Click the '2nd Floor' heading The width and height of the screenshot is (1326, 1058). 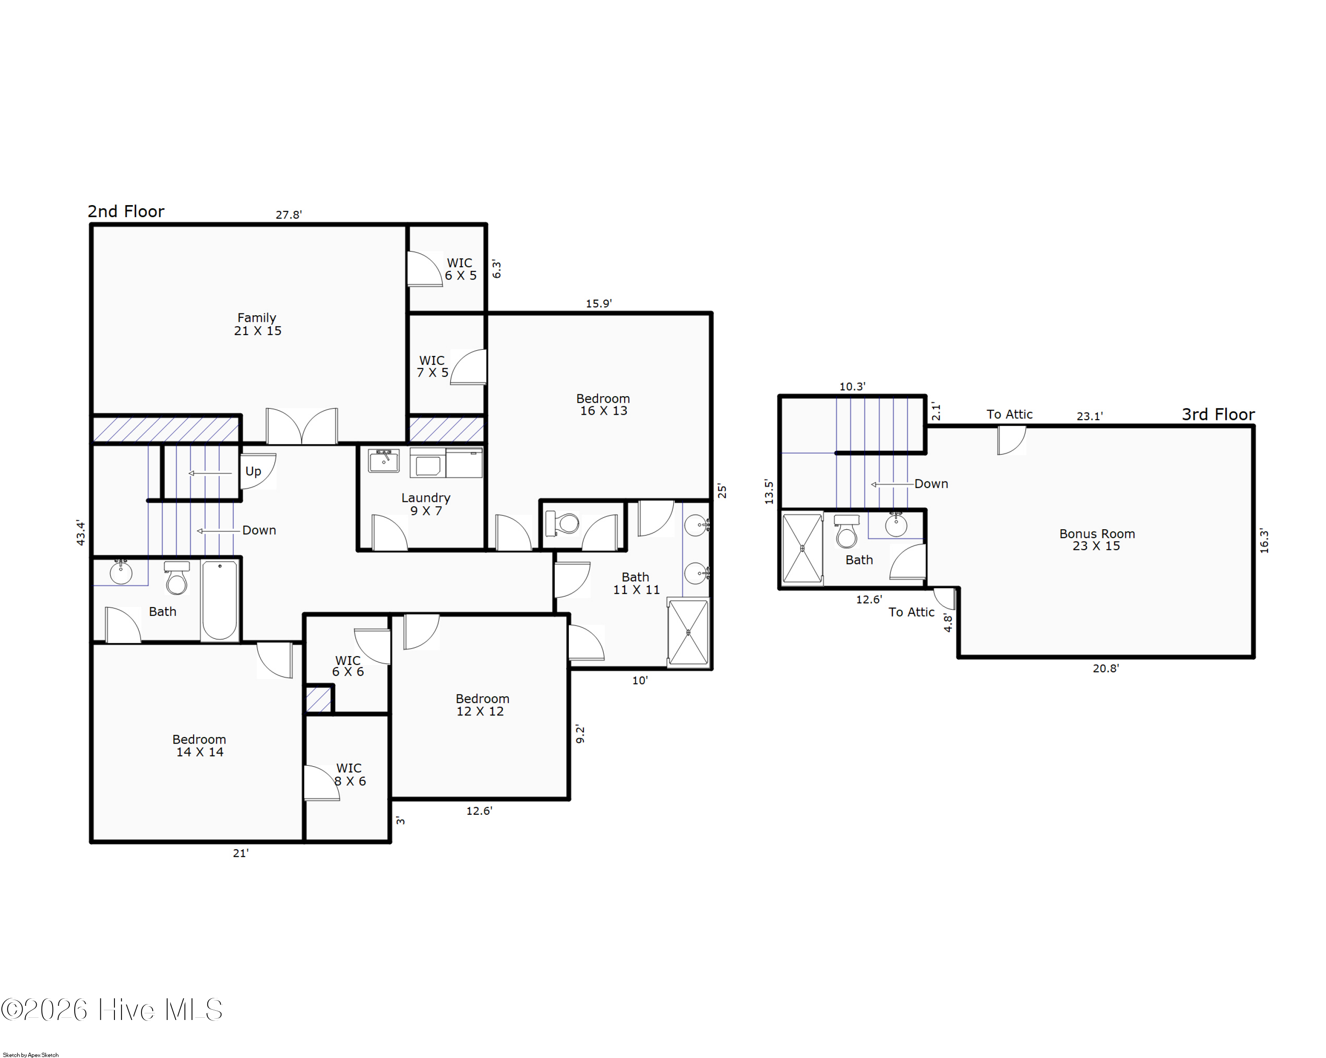point(126,212)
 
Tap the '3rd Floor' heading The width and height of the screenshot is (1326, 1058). point(1217,415)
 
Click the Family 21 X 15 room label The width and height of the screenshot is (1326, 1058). point(257,324)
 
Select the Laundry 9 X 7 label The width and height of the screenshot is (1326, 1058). point(426,504)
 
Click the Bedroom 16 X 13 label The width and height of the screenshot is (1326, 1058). point(603,405)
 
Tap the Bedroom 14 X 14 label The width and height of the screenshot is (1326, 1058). point(199,745)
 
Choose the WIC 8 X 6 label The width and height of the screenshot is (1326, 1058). point(349,775)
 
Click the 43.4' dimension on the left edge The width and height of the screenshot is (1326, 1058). point(80,533)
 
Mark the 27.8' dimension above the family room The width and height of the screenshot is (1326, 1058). point(289,215)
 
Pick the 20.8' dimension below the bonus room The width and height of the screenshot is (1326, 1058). point(1105,668)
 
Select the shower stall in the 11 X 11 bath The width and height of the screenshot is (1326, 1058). point(688,632)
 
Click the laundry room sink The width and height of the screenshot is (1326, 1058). point(384,460)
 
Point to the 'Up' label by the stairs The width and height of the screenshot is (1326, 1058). point(253,471)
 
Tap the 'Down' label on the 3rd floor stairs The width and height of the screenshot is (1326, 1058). point(930,484)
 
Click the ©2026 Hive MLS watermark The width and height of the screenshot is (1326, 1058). point(112,1010)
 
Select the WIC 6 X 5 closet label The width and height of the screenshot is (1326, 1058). point(460,269)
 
